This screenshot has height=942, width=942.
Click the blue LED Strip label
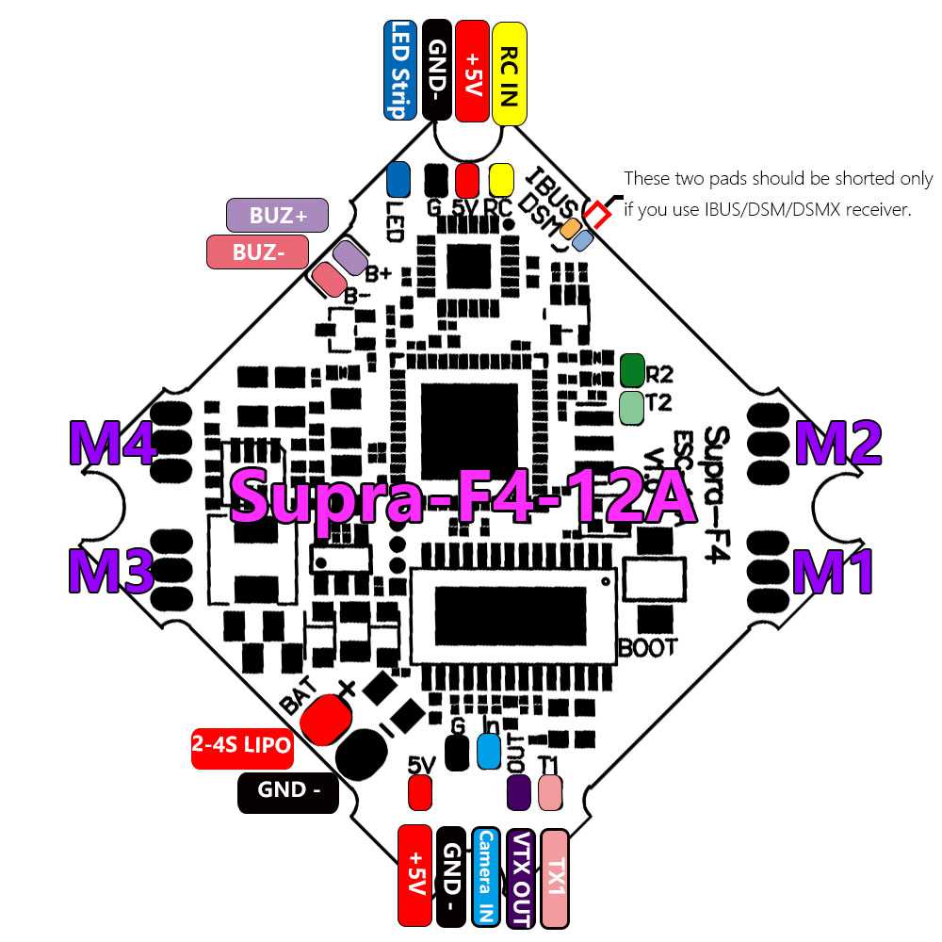(x=400, y=70)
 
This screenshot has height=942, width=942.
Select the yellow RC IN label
(x=509, y=73)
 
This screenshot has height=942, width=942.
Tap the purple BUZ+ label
(x=278, y=215)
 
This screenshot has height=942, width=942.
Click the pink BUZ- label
(x=257, y=252)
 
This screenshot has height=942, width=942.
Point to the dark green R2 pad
(x=632, y=370)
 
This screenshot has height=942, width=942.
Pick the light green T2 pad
(x=632, y=405)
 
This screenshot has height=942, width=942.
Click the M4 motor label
(x=112, y=443)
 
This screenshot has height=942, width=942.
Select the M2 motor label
(x=838, y=443)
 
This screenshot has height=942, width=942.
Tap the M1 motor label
(x=834, y=572)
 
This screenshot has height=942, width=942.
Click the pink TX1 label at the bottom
(x=556, y=876)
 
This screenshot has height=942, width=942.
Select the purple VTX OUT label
(x=521, y=876)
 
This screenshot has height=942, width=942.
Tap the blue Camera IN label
(x=486, y=876)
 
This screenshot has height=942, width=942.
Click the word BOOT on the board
(x=648, y=647)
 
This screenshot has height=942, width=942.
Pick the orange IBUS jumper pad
(x=570, y=227)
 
